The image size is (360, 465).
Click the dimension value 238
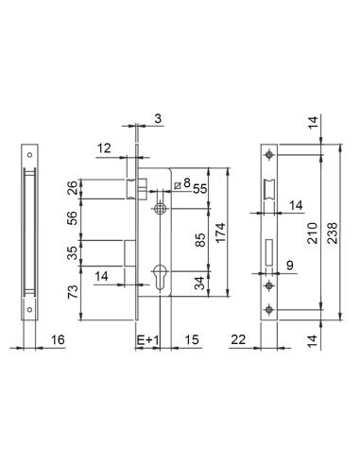[333, 232]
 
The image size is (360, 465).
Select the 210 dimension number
[313, 232]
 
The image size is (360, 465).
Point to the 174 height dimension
[221, 232]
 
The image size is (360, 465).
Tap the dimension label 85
[200, 240]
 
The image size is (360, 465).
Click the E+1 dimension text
[148, 340]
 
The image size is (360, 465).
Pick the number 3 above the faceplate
[158, 118]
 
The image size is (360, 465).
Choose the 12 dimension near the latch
[104, 147]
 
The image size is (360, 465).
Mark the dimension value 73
[73, 291]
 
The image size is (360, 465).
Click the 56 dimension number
[72, 218]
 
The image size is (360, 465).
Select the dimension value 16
[58, 339]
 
